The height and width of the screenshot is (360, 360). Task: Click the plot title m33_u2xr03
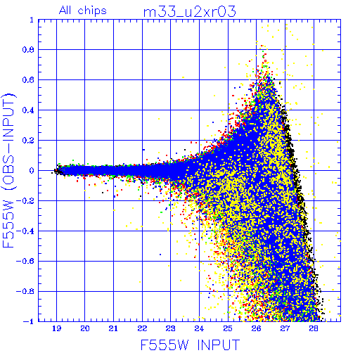click(x=190, y=12)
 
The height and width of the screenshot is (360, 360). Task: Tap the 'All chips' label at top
click(x=83, y=11)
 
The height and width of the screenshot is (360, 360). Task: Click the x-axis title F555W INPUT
click(x=190, y=345)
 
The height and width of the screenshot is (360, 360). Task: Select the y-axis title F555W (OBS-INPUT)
click(x=8, y=170)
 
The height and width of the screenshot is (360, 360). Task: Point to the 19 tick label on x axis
click(x=56, y=328)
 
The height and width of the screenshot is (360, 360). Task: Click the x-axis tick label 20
click(x=85, y=328)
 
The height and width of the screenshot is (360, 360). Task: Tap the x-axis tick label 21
click(x=113, y=328)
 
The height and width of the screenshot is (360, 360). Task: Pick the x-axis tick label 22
click(x=142, y=328)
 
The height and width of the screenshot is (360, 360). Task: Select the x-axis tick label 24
click(x=199, y=328)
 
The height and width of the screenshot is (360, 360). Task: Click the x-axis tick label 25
click(x=228, y=328)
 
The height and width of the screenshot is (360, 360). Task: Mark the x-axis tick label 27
click(x=285, y=328)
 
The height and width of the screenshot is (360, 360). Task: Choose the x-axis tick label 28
click(x=314, y=328)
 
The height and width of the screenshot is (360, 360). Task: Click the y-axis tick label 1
click(x=32, y=20)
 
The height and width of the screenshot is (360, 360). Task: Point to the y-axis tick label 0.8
click(x=28, y=50)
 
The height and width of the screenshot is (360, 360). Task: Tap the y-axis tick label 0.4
click(x=28, y=110)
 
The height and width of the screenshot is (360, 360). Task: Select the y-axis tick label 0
click(x=32, y=171)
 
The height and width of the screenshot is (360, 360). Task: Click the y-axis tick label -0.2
click(x=25, y=201)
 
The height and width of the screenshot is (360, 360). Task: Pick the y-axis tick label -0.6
click(x=25, y=261)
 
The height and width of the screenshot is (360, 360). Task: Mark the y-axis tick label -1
click(x=28, y=321)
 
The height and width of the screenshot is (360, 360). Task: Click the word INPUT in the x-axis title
click(x=219, y=345)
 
